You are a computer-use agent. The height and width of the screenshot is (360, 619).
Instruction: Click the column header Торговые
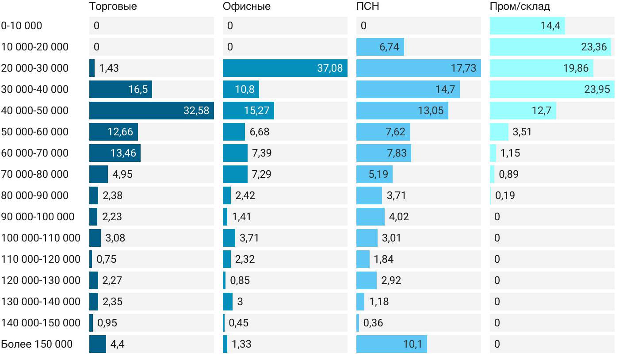click(x=113, y=6)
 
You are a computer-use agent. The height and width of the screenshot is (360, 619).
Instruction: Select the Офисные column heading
click(x=247, y=6)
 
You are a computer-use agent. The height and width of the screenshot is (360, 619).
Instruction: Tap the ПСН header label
click(x=367, y=6)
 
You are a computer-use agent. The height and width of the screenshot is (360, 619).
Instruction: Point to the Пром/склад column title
click(x=520, y=6)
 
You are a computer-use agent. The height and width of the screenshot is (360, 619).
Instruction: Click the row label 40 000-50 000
click(x=35, y=111)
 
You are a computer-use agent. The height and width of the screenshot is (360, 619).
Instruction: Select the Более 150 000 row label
click(x=37, y=344)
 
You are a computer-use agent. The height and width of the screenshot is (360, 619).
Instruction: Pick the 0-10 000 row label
click(x=22, y=26)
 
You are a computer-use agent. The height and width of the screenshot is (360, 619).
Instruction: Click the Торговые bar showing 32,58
click(x=151, y=111)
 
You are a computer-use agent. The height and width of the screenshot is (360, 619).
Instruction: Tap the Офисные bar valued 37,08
click(x=285, y=68)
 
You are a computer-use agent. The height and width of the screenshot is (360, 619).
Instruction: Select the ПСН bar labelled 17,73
click(x=418, y=68)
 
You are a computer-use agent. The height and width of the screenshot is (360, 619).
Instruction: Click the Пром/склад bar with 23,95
click(x=552, y=89)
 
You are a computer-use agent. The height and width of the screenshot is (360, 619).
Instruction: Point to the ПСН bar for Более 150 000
click(x=391, y=344)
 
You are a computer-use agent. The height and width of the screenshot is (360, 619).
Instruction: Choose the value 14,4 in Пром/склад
click(x=550, y=26)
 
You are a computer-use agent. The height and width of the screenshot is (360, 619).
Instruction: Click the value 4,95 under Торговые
click(x=122, y=174)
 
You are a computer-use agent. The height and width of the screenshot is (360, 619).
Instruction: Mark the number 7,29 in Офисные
click(x=261, y=174)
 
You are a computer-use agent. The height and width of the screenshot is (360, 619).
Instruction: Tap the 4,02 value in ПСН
click(x=399, y=217)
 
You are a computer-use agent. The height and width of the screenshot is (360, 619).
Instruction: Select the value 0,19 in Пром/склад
click(x=505, y=195)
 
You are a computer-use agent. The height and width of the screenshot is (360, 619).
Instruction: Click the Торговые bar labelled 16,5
click(x=121, y=89)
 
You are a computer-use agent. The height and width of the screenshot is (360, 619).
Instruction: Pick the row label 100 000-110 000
click(x=41, y=238)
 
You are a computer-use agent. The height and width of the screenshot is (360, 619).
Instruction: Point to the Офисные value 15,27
click(x=256, y=111)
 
